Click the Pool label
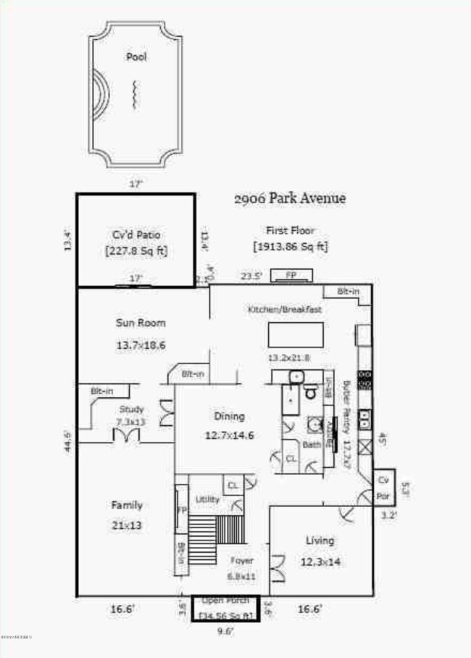point(136,56)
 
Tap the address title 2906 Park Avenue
point(289,198)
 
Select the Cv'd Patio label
point(136,235)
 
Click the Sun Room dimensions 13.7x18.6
point(141,345)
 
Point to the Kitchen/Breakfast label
point(285,310)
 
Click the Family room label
point(126,505)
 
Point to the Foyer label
point(241,560)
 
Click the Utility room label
point(207,499)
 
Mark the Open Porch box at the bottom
point(226,608)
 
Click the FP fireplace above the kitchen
point(291,275)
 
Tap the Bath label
point(312,444)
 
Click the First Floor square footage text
point(291,247)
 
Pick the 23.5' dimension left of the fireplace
point(251,276)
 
